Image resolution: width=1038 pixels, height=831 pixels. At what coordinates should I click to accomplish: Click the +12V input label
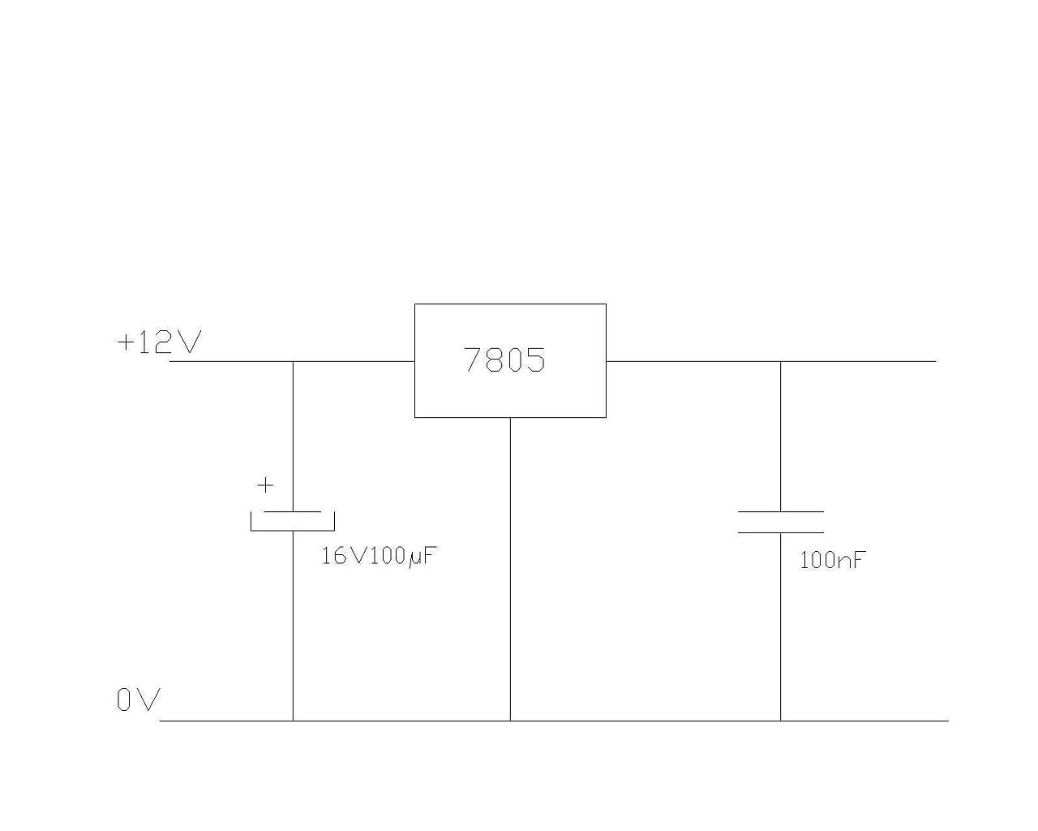point(159,342)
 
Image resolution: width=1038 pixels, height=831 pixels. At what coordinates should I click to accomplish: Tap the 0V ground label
point(139,700)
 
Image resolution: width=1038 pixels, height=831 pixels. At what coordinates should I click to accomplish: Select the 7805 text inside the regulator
point(504,360)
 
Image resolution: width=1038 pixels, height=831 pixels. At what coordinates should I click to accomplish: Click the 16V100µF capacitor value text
point(379,557)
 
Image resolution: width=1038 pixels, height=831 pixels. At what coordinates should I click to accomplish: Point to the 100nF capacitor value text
point(833,560)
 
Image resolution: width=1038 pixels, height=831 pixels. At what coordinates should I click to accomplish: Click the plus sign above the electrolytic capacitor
point(265,485)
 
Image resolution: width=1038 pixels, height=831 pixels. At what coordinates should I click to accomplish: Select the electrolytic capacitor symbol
point(293,520)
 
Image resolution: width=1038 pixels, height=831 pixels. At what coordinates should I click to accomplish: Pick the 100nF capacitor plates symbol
point(781,522)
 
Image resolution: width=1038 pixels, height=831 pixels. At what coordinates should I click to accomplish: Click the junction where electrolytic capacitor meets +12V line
point(293,361)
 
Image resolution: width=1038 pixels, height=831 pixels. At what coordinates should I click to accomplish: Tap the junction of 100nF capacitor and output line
point(781,361)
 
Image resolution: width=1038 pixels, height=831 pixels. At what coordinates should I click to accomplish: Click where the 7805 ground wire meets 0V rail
point(510,720)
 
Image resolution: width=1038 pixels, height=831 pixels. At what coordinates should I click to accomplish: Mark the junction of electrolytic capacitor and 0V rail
point(293,720)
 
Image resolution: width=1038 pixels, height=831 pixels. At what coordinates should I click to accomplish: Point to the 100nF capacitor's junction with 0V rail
point(781,720)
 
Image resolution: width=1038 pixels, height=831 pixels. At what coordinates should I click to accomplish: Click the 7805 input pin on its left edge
point(415,361)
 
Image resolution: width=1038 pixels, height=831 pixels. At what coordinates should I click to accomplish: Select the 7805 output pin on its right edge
point(606,361)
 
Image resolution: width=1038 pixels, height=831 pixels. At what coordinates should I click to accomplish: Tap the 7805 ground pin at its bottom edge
point(510,417)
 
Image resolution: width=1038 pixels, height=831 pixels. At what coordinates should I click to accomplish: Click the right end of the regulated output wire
point(934,361)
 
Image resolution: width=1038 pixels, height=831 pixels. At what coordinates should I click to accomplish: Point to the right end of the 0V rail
point(946,720)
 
